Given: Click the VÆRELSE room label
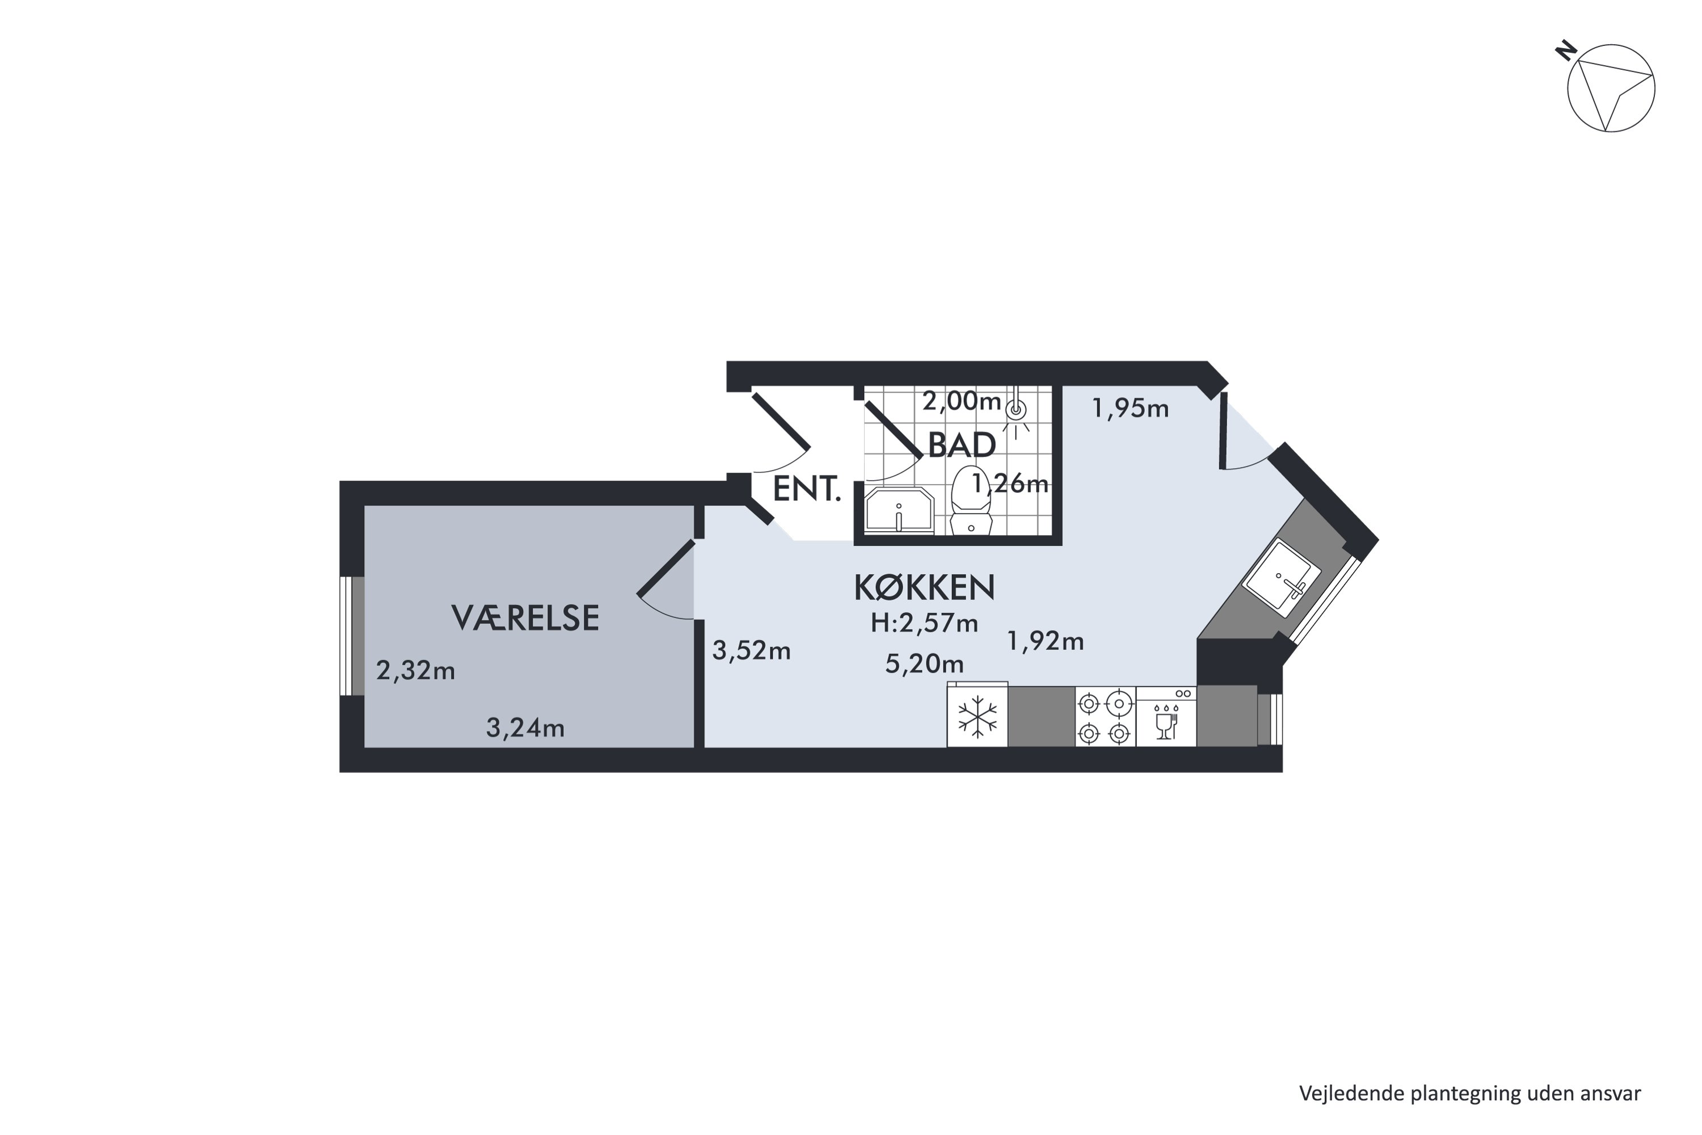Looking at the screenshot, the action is tap(525, 617).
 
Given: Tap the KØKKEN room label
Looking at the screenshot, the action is tap(924, 588).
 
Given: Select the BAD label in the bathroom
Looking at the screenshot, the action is tap(962, 445).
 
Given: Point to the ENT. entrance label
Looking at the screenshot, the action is tap(807, 489).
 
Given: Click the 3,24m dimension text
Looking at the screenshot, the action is tap(525, 728).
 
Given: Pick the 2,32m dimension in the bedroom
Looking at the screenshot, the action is tap(415, 671).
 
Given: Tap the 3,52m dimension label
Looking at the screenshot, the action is tap(751, 651).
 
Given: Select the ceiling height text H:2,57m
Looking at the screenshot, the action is tap(924, 623).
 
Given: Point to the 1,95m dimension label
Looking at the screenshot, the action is tap(1130, 409).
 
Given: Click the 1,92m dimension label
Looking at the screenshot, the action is tap(1046, 641).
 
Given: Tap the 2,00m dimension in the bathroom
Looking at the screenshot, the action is tap(962, 400).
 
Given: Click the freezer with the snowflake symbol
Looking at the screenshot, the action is tap(978, 715).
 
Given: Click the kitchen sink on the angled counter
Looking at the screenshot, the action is tap(1282, 578).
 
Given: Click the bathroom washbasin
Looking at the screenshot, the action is tap(899, 511).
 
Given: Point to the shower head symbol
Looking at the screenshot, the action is tap(1017, 410).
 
